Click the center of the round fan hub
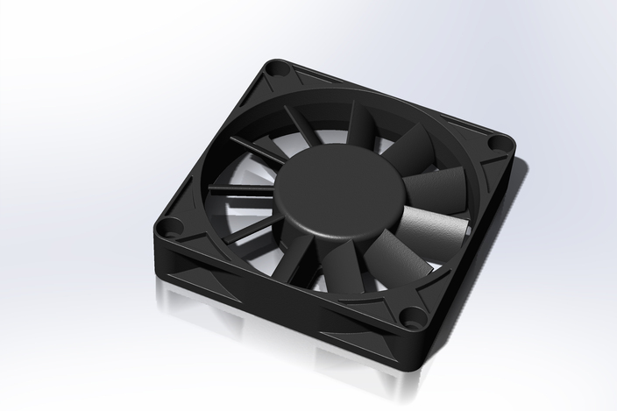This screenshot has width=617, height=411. (x=337, y=187)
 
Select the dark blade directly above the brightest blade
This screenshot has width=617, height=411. (x=436, y=187)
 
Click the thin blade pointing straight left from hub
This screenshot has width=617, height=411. (x=242, y=188)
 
